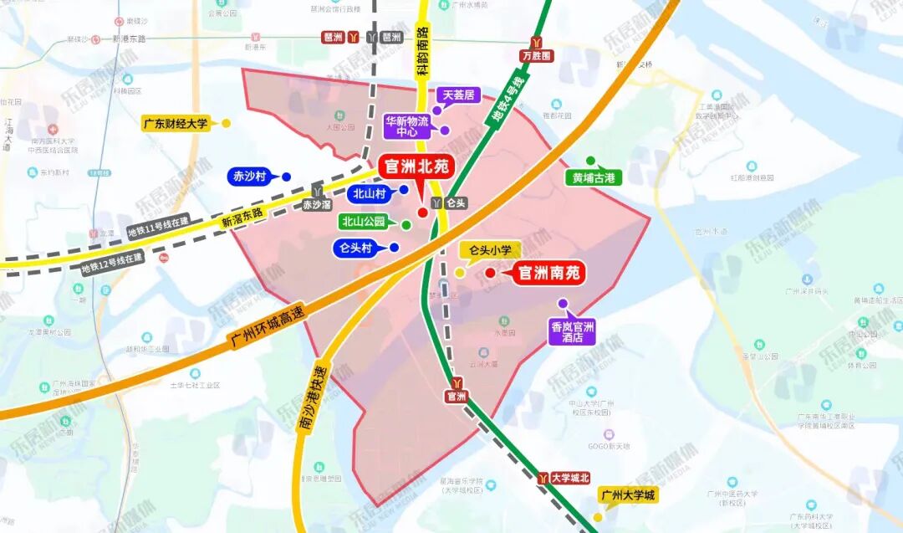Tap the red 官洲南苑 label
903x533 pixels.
548,273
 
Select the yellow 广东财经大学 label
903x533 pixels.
176,124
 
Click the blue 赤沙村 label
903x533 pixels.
248,177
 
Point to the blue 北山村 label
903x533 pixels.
368,193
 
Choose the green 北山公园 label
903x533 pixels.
363,222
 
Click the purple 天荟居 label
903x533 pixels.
457,95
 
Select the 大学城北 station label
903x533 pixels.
571,478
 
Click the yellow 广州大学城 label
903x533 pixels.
628,496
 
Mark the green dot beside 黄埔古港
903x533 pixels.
590,161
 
